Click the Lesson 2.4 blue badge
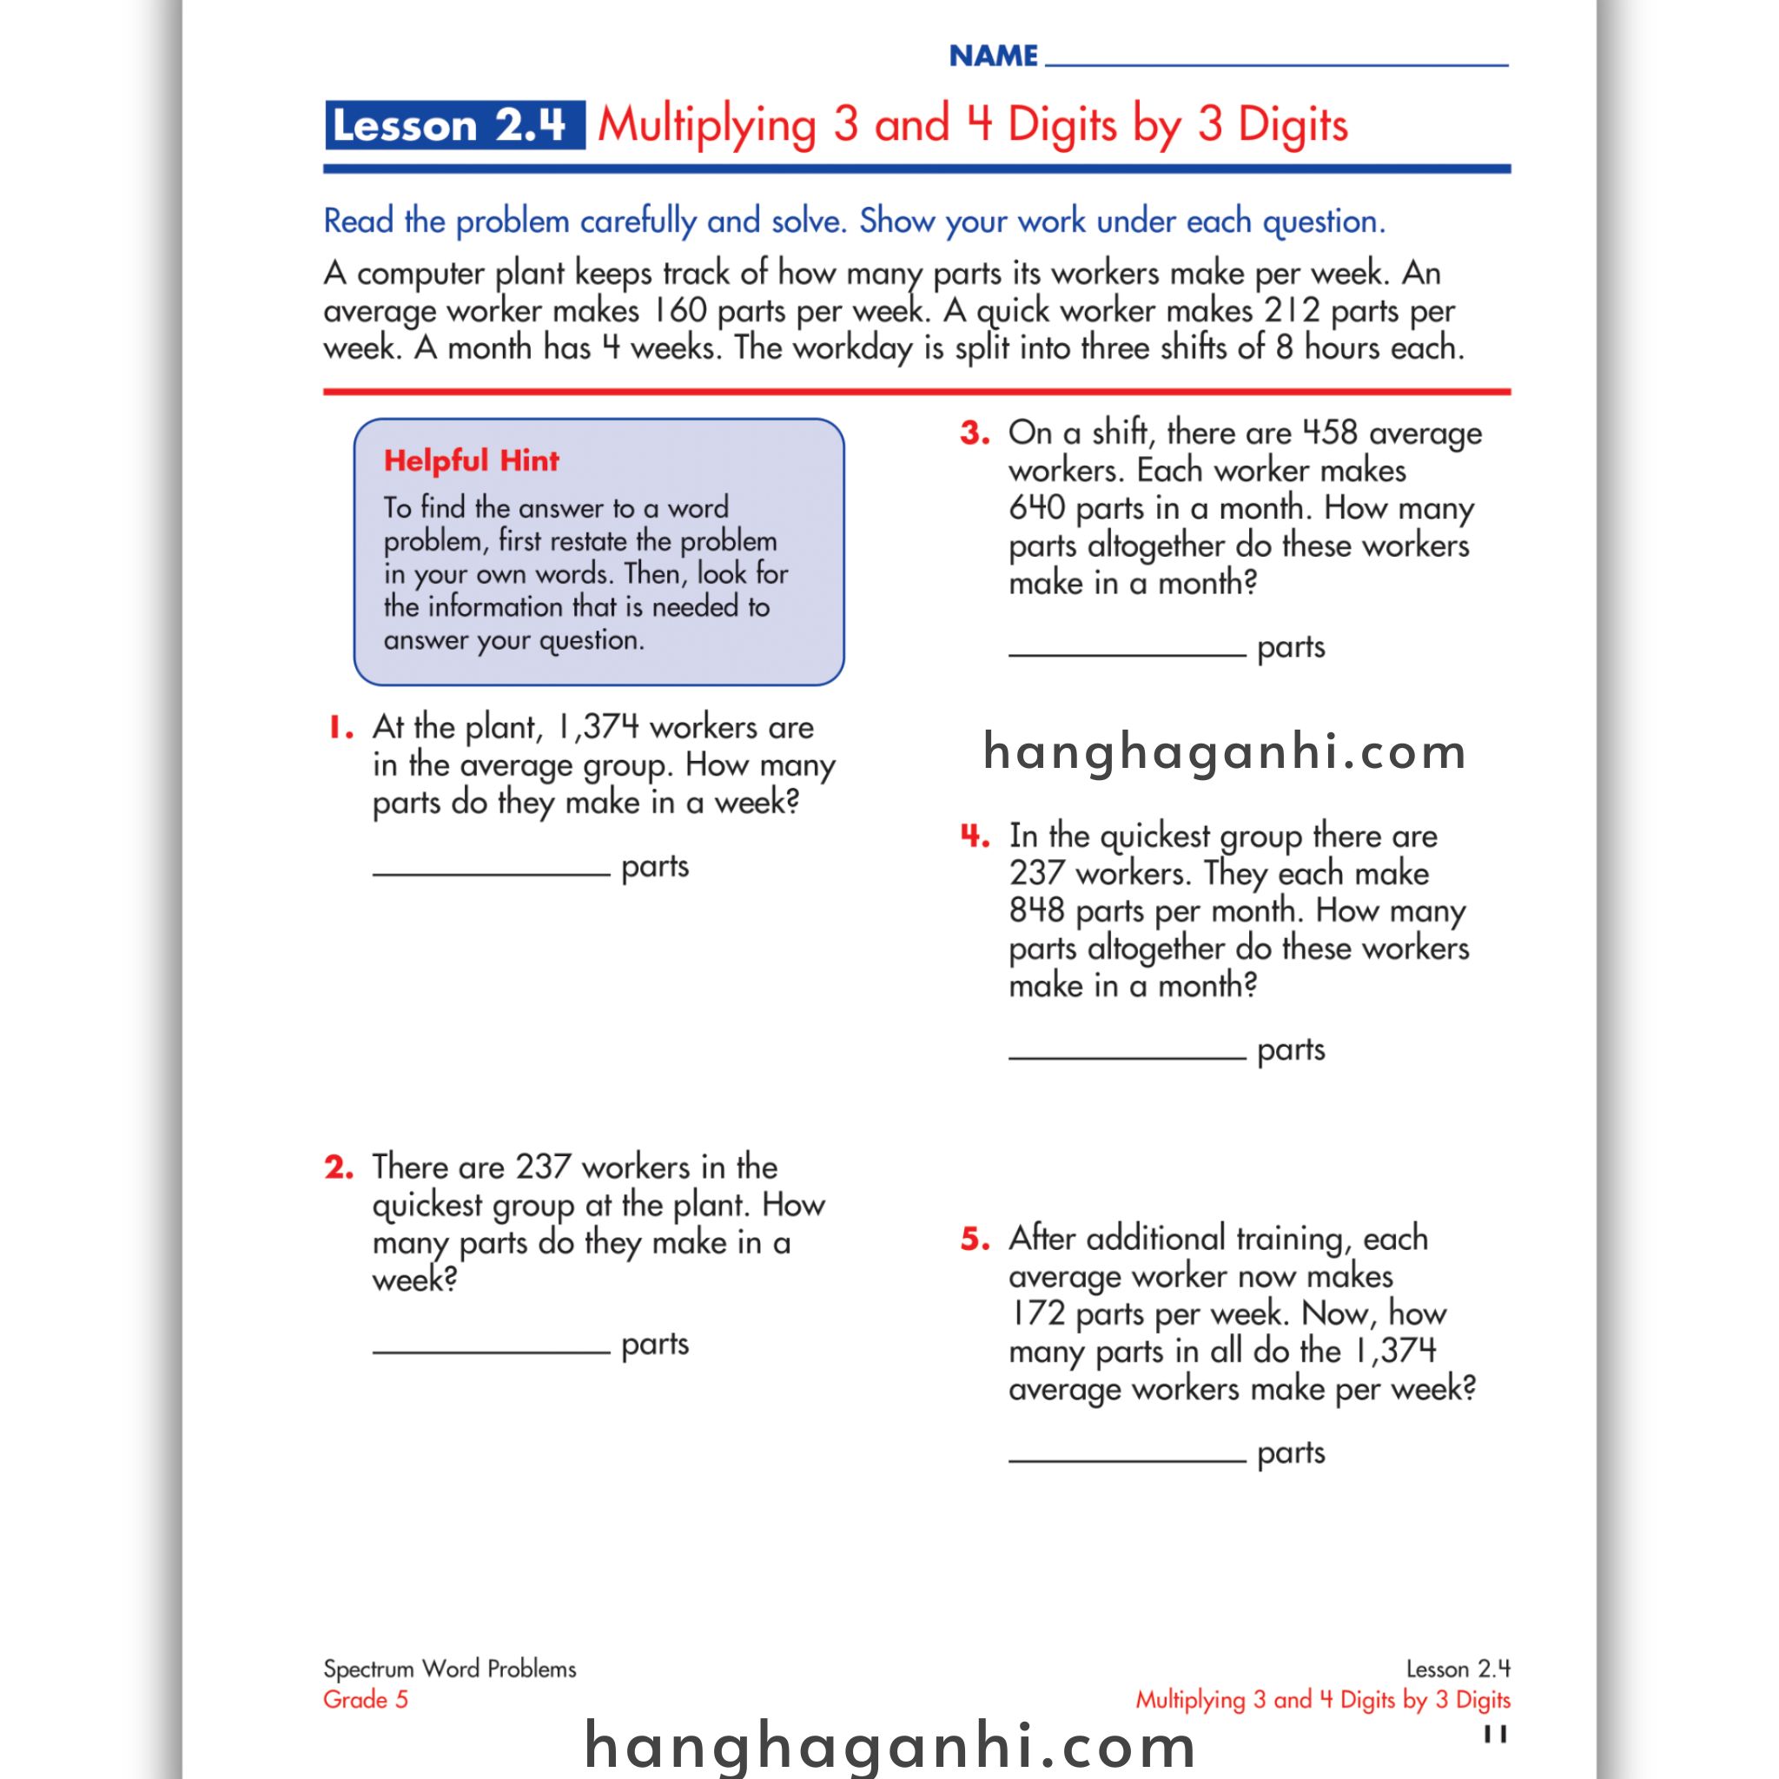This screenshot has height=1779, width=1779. pyautogui.click(x=454, y=125)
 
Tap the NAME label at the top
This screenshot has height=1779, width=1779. pyautogui.click(x=994, y=56)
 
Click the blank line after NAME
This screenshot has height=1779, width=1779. pyautogui.click(x=1276, y=63)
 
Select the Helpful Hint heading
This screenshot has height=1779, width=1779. pyautogui.click(x=471, y=460)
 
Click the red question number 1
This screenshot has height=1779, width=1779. pyautogui.click(x=340, y=728)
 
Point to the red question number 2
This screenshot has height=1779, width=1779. pyautogui.click(x=339, y=1167)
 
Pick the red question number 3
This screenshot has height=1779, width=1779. pyautogui.click(x=975, y=433)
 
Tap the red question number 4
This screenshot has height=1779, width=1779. pyautogui.click(x=975, y=837)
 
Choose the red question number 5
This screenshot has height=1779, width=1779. pyautogui.click(x=975, y=1239)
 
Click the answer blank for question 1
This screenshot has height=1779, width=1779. pyautogui.click(x=491, y=870)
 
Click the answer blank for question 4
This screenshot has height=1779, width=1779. pyautogui.click(x=1127, y=1055)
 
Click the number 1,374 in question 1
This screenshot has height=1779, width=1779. pyautogui.click(x=597, y=727)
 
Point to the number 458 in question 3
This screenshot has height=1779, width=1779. pyautogui.click(x=1329, y=432)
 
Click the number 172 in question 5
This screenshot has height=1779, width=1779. pyautogui.click(x=1038, y=1313)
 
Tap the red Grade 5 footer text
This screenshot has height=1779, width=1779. pyautogui.click(x=366, y=1699)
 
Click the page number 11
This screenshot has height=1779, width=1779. pyautogui.click(x=1496, y=1735)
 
